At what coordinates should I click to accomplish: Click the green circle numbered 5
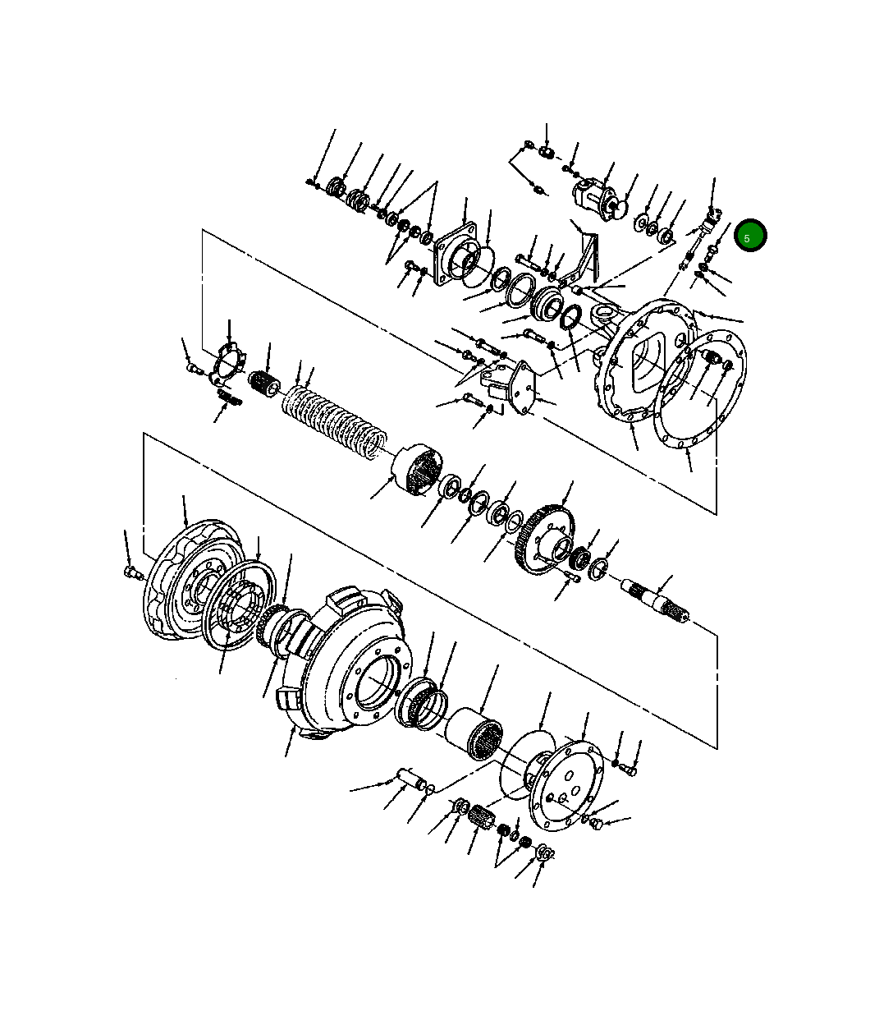(x=750, y=235)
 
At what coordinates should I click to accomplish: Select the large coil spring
(x=335, y=420)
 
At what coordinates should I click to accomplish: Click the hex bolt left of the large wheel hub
(x=132, y=572)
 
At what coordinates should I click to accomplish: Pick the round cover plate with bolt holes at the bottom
(x=566, y=787)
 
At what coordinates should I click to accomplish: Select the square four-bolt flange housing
(x=455, y=255)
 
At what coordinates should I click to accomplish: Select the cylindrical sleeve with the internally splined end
(x=474, y=733)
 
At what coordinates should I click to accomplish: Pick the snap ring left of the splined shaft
(x=597, y=568)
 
